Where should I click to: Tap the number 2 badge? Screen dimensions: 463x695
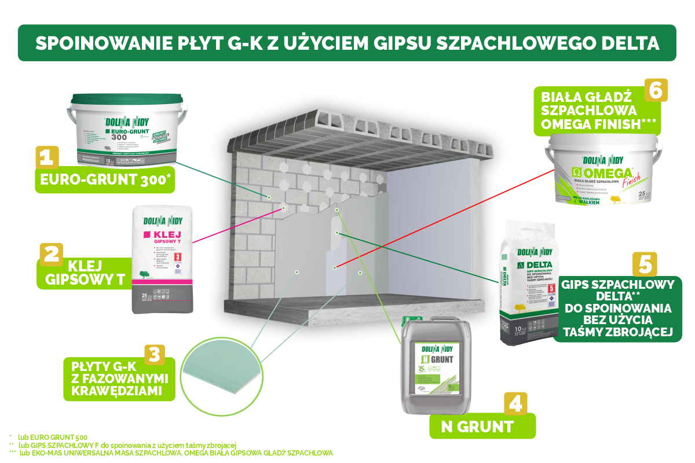point(51,254)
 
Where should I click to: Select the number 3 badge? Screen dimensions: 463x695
point(153,355)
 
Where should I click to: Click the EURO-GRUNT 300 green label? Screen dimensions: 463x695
point(104,180)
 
